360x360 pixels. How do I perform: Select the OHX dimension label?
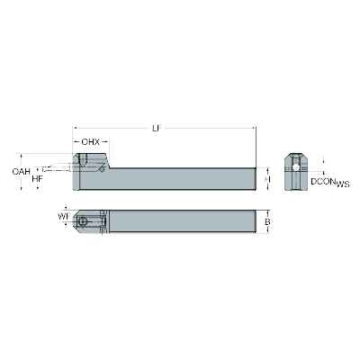pos(90,142)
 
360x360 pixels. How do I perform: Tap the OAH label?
pos(21,171)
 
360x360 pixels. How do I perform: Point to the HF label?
pos(37,179)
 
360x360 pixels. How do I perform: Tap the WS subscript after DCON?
pos(343,184)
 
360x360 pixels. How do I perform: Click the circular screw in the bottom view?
pos(84,220)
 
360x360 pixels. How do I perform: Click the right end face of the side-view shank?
pos(256,178)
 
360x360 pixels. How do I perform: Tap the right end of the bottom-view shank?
pos(256,221)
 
